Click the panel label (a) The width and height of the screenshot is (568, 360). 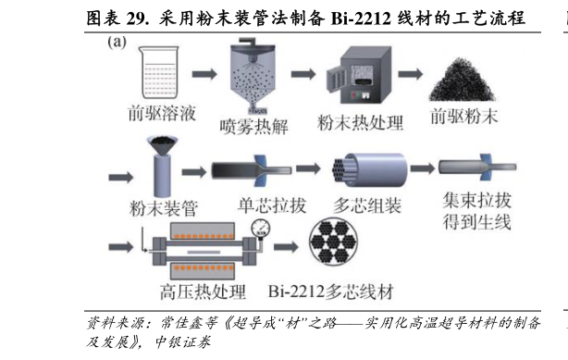pyautogui.click(x=117, y=43)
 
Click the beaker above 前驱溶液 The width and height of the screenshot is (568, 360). pyautogui.click(x=161, y=72)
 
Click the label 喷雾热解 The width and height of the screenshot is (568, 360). pyautogui.click(x=253, y=127)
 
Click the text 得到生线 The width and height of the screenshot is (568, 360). pyautogui.click(x=476, y=222)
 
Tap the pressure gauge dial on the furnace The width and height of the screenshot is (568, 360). pyautogui.click(x=262, y=228)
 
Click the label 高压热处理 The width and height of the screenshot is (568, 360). pyautogui.click(x=202, y=293)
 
